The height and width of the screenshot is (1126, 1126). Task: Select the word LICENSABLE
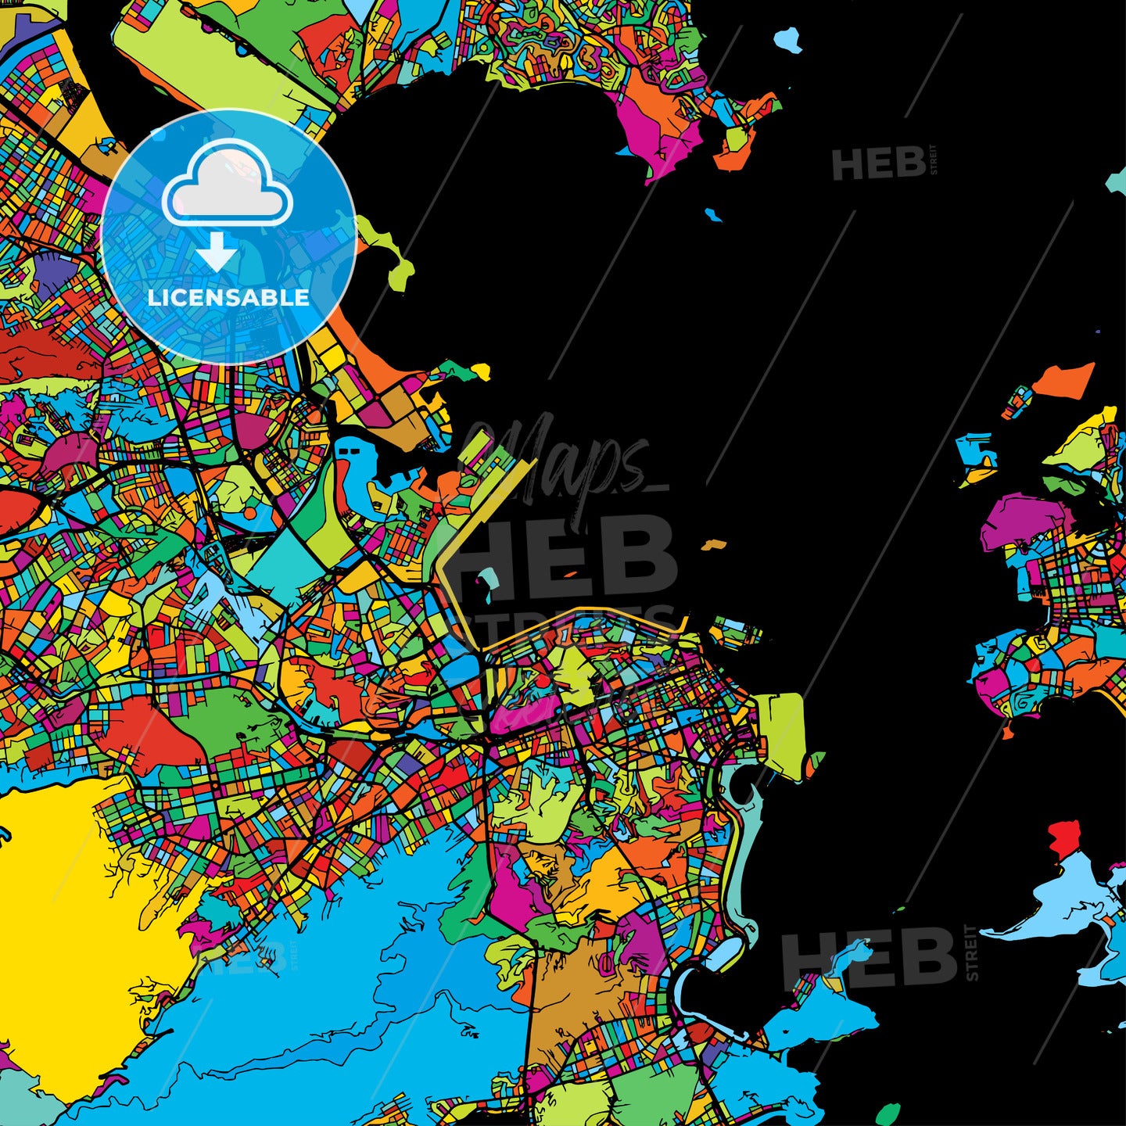coord(228,298)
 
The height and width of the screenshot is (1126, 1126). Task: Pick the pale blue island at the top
coord(788,38)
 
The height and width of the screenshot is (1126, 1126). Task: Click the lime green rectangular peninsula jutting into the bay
coord(782,735)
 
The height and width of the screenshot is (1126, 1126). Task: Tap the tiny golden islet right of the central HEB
coord(712,544)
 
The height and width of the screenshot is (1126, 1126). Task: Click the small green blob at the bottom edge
coord(888,1113)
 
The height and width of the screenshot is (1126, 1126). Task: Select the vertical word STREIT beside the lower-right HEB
coord(972,952)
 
